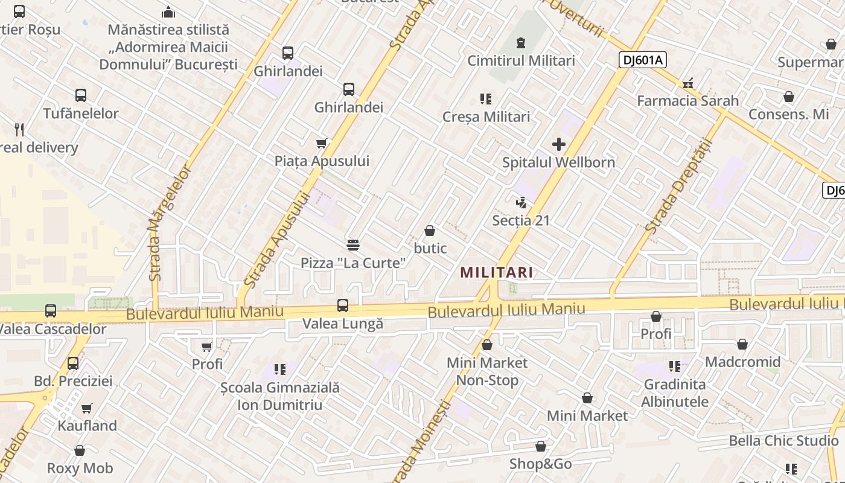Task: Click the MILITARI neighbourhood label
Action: click(x=497, y=272)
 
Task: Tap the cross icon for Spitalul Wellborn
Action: click(x=559, y=144)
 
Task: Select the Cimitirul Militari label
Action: click(x=521, y=60)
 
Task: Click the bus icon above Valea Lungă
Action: click(x=343, y=305)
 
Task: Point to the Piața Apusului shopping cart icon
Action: click(x=322, y=144)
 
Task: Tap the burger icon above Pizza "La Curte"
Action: click(x=353, y=245)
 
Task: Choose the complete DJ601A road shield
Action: click(x=642, y=59)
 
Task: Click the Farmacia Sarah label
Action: click(x=687, y=100)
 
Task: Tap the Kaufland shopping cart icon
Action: click(x=87, y=408)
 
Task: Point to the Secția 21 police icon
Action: click(x=521, y=203)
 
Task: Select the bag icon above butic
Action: click(x=430, y=231)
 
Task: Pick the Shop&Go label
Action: click(x=540, y=464)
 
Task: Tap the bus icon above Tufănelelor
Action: click(x=81, y=95)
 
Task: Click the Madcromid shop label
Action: click(x=742, y=362)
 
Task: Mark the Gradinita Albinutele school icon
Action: click(x=674, y=366)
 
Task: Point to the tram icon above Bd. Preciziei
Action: click(x=73, y=363)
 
